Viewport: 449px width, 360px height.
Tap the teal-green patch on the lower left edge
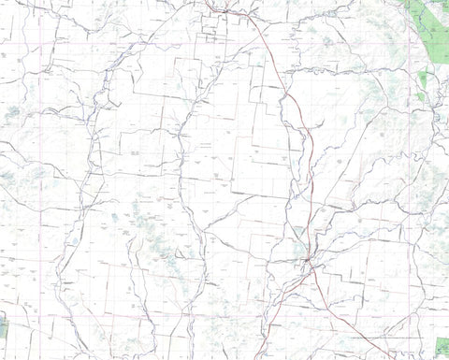click(3, 326)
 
